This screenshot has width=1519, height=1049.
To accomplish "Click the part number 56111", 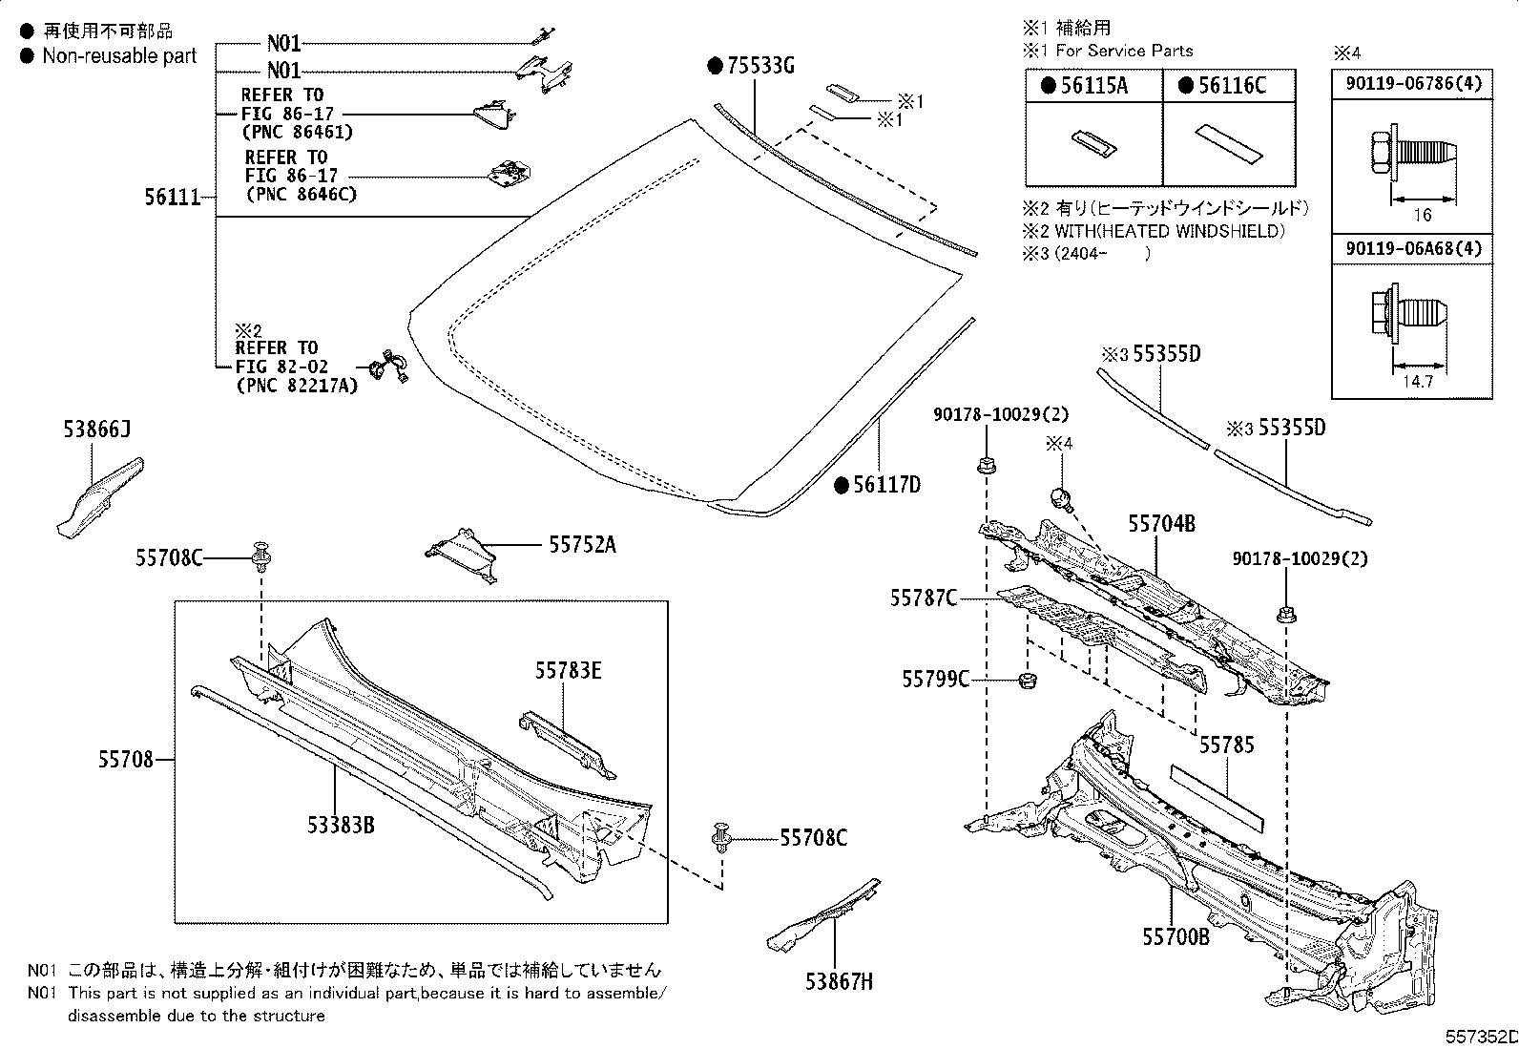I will [172, 198].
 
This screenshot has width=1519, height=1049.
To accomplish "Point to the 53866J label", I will [96, 430].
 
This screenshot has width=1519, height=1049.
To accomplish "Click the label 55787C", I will [924, 598].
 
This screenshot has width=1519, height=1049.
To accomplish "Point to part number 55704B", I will [1161, 523].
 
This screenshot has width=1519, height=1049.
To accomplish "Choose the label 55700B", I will [1176, 936].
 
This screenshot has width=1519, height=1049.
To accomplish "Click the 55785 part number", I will [1226, 745].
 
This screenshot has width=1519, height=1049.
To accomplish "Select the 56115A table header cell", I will [1093, 85].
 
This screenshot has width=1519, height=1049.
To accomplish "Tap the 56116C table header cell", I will [1229, 85].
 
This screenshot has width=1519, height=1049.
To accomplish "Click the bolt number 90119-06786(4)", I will [1413, 83].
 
